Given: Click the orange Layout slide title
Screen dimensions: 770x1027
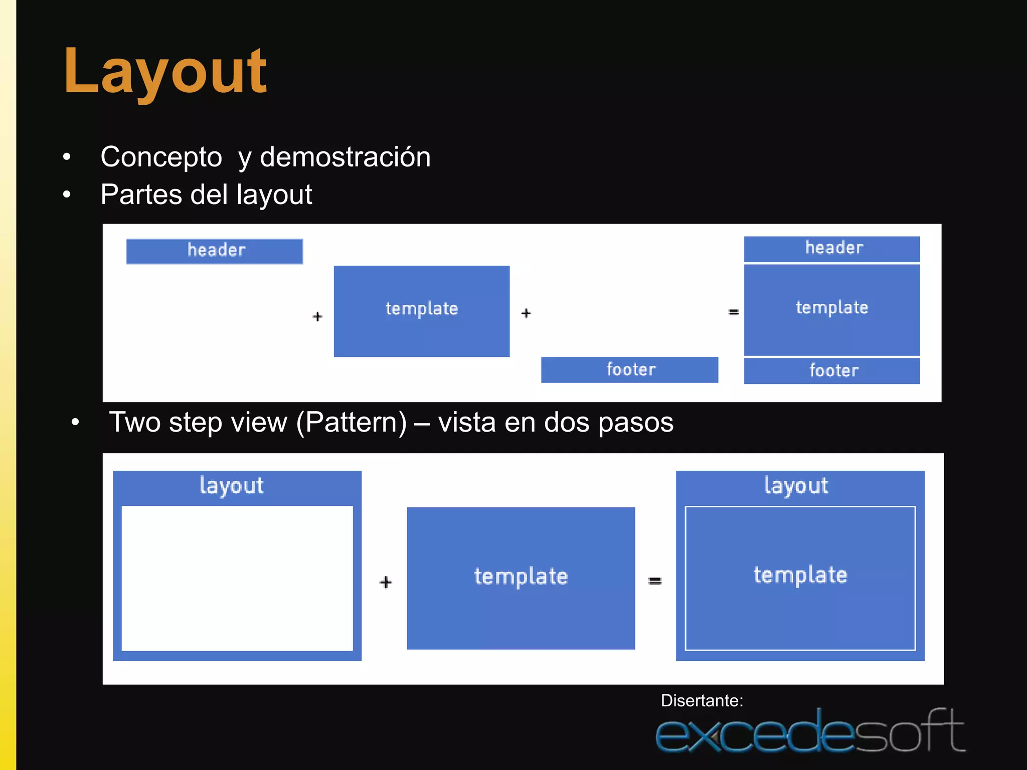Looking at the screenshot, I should tap(165, 71).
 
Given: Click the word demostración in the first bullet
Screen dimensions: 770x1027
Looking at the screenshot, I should tap(345, 157).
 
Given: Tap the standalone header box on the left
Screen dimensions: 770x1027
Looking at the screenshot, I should tap(215, 251).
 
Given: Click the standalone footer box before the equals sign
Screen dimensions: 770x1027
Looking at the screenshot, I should tap(629, 370).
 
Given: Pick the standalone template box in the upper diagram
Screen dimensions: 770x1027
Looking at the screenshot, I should tap(422, 311).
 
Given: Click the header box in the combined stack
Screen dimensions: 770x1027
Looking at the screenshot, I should tap(832, 249).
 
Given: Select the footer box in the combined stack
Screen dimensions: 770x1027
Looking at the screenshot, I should tap(832, 371).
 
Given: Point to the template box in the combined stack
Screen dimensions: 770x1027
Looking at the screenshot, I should tap(832, 309).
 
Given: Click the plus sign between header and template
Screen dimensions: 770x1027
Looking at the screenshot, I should tap(317, 316).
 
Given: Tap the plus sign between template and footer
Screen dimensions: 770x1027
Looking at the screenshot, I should tap(526, 313).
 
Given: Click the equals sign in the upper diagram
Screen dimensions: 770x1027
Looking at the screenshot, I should tap(734, 312).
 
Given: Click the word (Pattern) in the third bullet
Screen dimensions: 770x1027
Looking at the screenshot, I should tap(352, 423).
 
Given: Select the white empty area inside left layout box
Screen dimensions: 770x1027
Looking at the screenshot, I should tap(237, 578).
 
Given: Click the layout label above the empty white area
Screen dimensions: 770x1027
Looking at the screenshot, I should tap(231, 486).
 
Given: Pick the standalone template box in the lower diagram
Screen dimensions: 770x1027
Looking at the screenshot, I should tap(521, 578).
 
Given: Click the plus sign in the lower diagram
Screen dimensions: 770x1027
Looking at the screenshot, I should tap(386, 582).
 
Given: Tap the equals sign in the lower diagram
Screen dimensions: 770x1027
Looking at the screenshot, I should tap(655, 581).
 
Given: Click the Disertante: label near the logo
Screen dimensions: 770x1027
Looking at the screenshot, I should tap(702, 700).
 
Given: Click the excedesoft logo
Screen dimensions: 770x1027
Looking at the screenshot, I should tap(810, 732).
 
